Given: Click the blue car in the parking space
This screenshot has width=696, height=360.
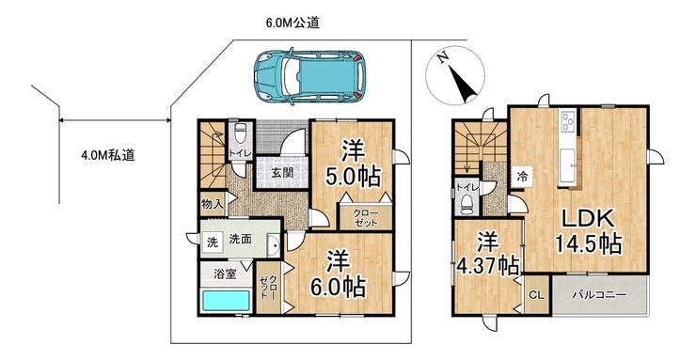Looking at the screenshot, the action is click(x=309, y=76).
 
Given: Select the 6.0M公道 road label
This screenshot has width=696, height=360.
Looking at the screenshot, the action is click(x=293, y=23).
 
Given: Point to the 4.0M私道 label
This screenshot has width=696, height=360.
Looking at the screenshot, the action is click(x=108, y=155).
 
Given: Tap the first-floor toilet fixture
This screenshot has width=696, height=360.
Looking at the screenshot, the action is click(x=240, y=133).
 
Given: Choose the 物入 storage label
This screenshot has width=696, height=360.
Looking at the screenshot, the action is click(x=212, y=204).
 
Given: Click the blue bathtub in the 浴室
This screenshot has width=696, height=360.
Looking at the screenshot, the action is click(x=226, y=301).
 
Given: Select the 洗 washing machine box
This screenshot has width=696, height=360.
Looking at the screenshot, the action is click(x=213, y=243).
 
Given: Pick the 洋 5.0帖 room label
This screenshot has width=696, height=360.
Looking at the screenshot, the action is click(x=354, y=165).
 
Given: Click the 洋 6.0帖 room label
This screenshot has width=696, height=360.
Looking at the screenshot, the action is click(x=339, y=274).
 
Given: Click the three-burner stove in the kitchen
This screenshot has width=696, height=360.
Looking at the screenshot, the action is click(x=568, y=122).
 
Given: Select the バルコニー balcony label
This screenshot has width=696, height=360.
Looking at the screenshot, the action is click(x=599, y=295).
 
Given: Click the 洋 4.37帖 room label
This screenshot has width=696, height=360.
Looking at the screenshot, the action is click(x=488, y=254).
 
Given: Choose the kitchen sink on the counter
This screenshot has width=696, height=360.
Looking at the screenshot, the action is click(x=567, y=165).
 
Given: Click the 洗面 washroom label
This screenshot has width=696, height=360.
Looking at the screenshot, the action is click(x=240, y=240).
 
